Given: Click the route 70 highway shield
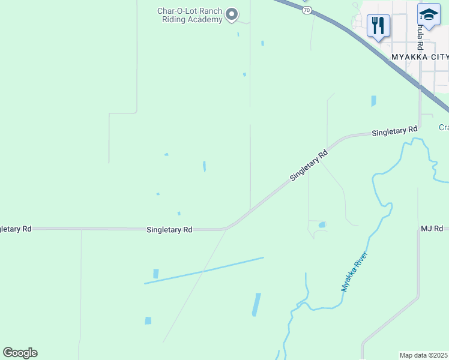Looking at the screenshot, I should pos(307,10).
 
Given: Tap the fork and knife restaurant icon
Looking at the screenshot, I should pos(378,26).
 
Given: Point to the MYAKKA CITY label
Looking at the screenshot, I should pos(419,56).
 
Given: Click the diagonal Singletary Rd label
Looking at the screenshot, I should pos(309,166).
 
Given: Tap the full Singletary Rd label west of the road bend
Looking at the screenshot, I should pos(169,230).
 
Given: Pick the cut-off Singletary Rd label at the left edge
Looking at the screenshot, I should pos(16,229).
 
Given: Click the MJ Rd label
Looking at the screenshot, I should pos(431,229).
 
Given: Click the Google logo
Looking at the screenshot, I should pos(20,353).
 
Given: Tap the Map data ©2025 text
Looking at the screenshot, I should pos(424,355).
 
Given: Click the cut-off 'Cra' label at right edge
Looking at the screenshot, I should pos(444,127).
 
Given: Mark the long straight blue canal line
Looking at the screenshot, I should pos(204,271).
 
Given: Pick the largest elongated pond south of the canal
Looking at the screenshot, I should pos(257,305).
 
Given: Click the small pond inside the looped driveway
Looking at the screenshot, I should pos(322,225).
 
